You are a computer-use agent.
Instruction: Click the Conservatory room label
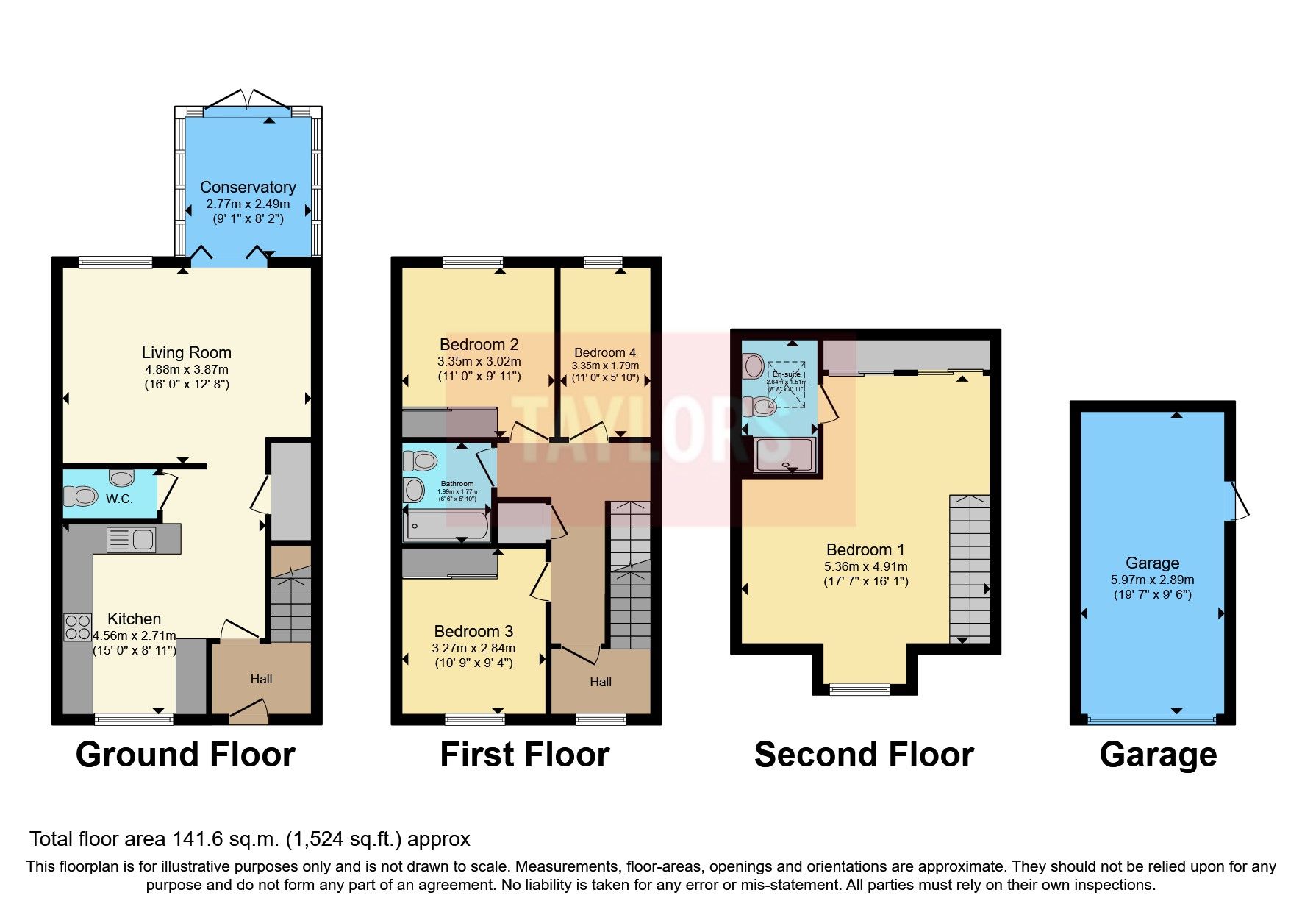[248, 187]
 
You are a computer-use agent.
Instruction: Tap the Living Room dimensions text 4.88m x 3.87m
[187, 369]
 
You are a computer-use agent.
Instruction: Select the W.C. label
[119, 499]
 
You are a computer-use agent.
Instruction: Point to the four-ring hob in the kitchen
[77, 627]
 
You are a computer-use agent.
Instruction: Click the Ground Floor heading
[185, 755]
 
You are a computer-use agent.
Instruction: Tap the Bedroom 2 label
[479, 344]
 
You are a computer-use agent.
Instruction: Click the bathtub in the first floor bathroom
[446, 527]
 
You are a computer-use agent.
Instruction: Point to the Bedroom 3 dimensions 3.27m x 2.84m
[473, 648]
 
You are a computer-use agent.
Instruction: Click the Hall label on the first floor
[601, 682]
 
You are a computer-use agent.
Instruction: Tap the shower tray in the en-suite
[785, 455]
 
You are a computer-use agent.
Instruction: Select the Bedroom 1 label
[865, 549]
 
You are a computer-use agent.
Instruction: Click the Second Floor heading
[864, 755]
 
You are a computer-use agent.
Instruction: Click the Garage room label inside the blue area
[1152, 563]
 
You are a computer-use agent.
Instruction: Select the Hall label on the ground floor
[261, 679]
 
